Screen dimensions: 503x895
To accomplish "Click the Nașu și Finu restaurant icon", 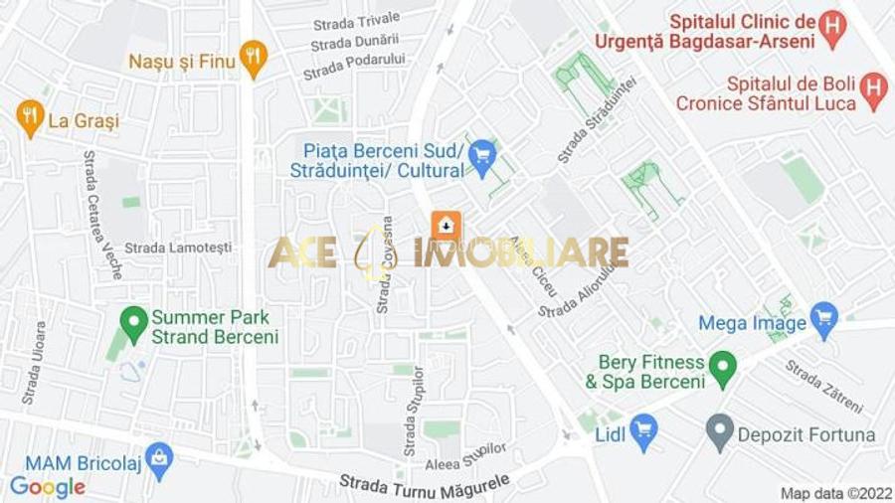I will pyautogui.click(x=254, y=59).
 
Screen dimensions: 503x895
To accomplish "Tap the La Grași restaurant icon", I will pyautogui.click(x=30, y=118).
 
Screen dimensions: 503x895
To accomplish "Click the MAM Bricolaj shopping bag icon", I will pyautogui.click(x=158, y=459).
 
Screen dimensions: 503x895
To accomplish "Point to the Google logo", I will pyautogui.click(x=48, y=487).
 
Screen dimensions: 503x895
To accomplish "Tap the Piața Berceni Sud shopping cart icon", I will pyautogui.click(x=482, y=157).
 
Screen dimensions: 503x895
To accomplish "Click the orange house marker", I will pyautogui.click(x=447, y=227).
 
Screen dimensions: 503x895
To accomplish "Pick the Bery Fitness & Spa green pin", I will pyautogui.click(x=722, y=369).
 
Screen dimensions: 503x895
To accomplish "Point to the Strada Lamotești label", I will pyautogui.click(x=178, y=248).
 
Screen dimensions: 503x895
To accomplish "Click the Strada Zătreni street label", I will pyautogui.click(x=824, y=387).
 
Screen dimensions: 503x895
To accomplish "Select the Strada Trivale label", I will pyautogui.click(x=356, y=20).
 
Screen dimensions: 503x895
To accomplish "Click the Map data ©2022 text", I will pyautogui.click(x=834, y=493).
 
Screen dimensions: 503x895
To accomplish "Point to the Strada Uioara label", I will pyautogui.click(x=34, y=363).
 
